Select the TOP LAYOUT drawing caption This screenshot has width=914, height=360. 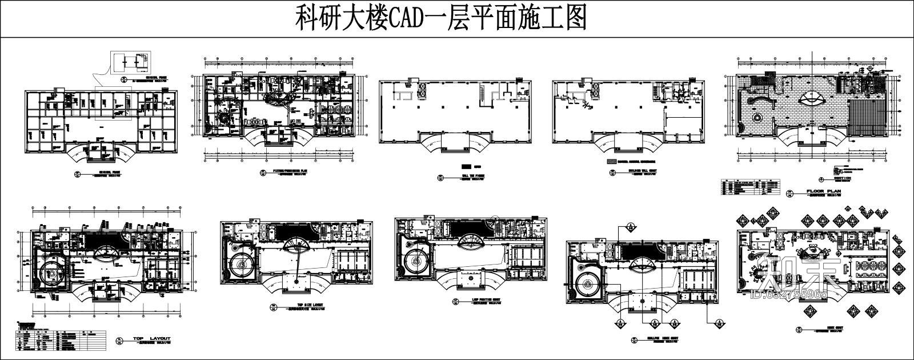[x=151, y=339]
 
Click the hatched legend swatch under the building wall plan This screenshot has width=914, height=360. [x=612, y=162]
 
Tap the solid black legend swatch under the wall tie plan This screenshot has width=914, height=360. [x=466, y=165]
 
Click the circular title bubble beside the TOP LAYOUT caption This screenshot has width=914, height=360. [x=119, y=341]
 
